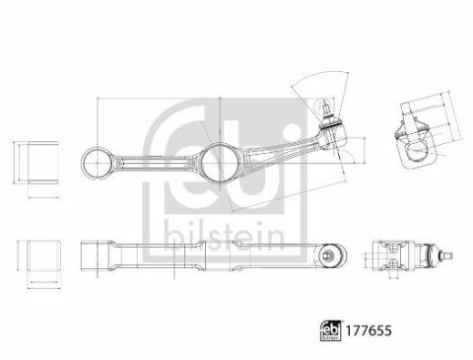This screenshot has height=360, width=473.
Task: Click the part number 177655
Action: click(368, 330)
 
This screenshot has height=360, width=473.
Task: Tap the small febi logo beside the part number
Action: click(331, 330)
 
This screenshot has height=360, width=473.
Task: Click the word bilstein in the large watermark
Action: click(224, 236)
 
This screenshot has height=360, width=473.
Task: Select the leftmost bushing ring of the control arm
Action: click(97, 163)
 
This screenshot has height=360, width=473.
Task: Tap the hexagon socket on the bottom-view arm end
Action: click(327, 254)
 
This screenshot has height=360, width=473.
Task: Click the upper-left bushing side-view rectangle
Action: click(43, 162)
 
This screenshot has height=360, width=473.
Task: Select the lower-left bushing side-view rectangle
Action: click(43, 256)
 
